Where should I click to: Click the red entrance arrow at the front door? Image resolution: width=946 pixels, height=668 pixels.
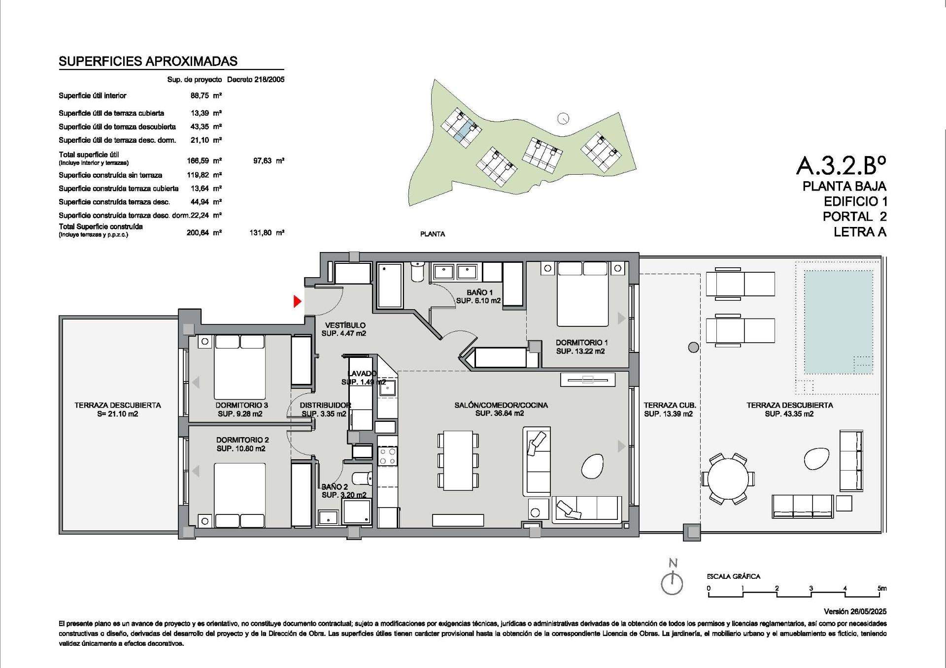pos(297,301)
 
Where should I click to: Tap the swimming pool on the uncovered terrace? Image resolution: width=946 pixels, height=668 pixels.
pos(834,322)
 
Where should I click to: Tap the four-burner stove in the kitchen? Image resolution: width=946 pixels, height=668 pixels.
pos(387,456)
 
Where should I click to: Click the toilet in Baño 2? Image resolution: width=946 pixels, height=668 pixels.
pos(363,478)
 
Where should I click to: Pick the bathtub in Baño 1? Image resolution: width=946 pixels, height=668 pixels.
pos(389,286)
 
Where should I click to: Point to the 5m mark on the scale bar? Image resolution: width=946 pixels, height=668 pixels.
pos(882,588)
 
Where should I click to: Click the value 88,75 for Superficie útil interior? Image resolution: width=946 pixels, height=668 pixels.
pos(200,95)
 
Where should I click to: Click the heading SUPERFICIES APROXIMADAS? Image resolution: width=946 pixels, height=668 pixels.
pos(148,61)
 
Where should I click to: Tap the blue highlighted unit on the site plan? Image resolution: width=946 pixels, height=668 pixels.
pos(463,132)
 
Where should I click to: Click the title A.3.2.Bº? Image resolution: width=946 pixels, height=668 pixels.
pos(841,165)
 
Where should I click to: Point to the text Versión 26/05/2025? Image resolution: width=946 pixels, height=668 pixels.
pos(855,611)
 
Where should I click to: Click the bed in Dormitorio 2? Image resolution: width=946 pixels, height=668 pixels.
pos(240,495)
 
